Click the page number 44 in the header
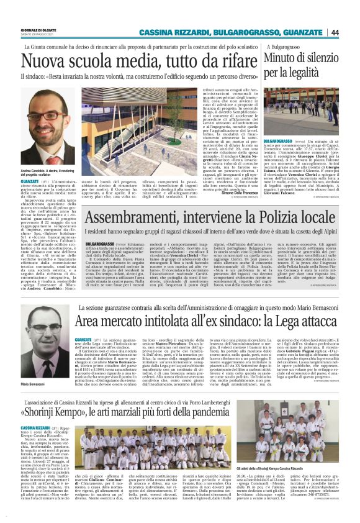[x=352, y=32]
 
